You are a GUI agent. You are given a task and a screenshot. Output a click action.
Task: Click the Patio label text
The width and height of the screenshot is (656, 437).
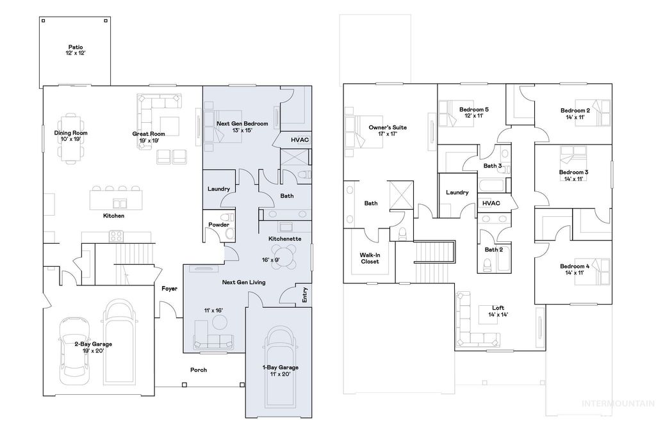76,50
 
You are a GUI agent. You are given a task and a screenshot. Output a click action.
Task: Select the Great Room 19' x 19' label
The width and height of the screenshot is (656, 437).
149,137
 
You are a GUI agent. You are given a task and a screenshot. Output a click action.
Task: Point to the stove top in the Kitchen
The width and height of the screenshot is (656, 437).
116,236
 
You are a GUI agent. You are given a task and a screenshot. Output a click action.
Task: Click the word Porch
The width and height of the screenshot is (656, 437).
199,370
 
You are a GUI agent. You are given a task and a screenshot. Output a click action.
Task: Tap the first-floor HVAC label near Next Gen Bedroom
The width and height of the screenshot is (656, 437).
299,139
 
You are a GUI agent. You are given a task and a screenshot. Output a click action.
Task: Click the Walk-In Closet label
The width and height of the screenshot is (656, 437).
370,258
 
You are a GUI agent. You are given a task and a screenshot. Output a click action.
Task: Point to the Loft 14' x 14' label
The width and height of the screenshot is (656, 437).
498,311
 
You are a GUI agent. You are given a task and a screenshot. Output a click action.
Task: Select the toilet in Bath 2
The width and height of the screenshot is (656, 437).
486,266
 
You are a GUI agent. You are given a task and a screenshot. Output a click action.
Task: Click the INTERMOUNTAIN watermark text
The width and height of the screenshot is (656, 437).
617,403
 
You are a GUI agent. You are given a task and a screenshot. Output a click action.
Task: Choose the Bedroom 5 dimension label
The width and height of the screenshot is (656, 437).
473,116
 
